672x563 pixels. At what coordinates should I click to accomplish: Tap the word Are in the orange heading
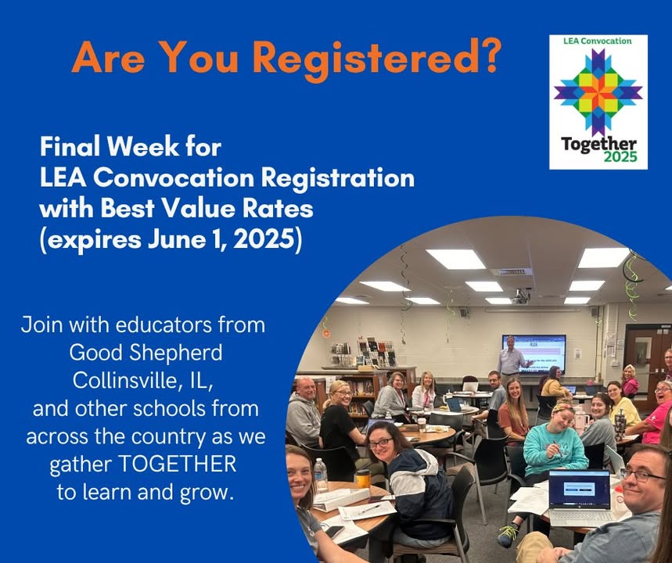pos(109,57)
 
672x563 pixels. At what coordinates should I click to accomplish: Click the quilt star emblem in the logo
pos(598,92)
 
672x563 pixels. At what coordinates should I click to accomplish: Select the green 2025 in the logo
pos(620,157)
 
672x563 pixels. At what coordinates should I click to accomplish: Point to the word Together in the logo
pos(598,145)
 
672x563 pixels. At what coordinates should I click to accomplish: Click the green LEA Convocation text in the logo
pos(598,41)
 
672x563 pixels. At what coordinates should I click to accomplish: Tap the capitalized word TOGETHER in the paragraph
pos(177,464)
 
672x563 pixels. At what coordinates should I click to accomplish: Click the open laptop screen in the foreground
pos(580,489)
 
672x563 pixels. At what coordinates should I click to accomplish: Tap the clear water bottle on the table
pos(320,475)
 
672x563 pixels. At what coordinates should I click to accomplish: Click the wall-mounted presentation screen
pos(534,353)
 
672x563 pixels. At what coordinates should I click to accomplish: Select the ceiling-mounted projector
pos(521,296)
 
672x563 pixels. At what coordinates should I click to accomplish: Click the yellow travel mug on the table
pos(362,479)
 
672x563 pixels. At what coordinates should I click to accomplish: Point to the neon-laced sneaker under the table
pos(508,535)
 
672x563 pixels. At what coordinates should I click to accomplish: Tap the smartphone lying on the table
pos(334,531)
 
